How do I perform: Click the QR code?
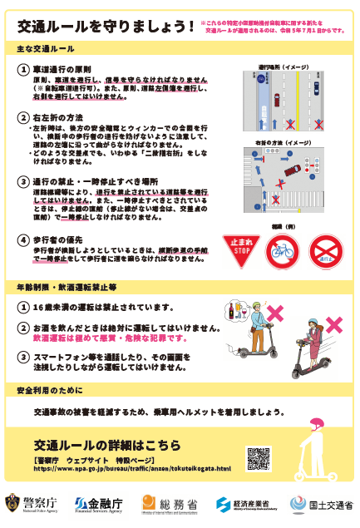258,458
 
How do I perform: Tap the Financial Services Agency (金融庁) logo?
81,503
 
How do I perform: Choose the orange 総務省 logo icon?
149,502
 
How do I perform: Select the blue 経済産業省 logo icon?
224,503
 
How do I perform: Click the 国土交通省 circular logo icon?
297,503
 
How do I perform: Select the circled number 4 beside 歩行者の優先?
25,240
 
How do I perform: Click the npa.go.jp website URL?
132,468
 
